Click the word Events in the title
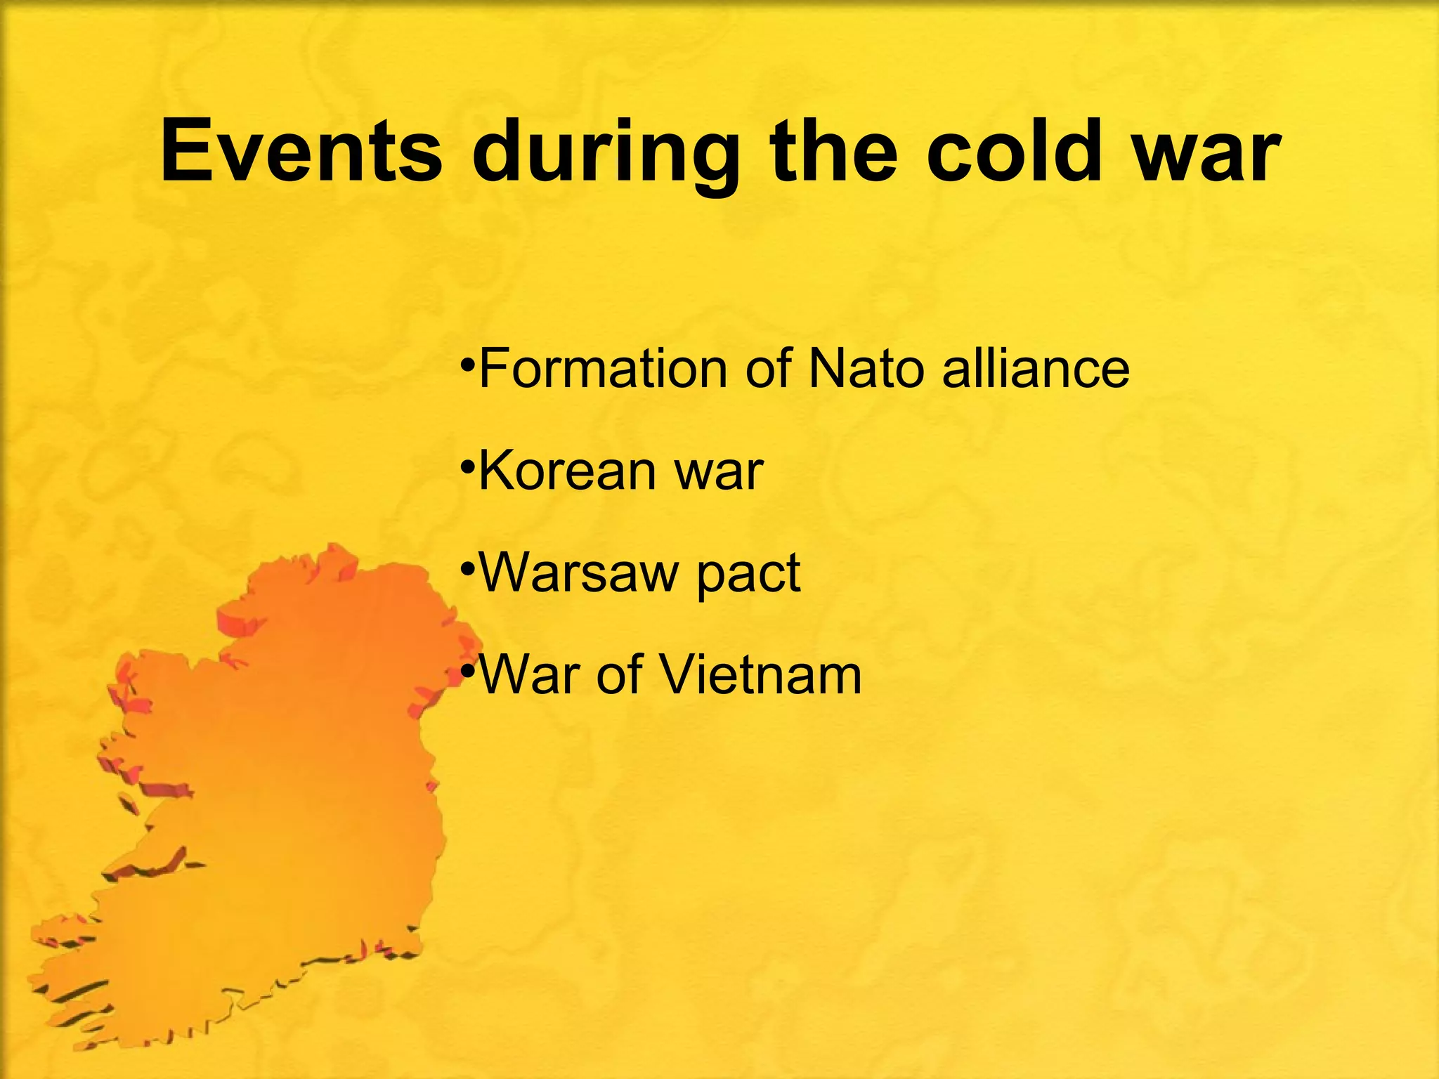click(301, 151)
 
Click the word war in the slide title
click(1206, 156)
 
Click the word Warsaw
click(578, 572)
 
